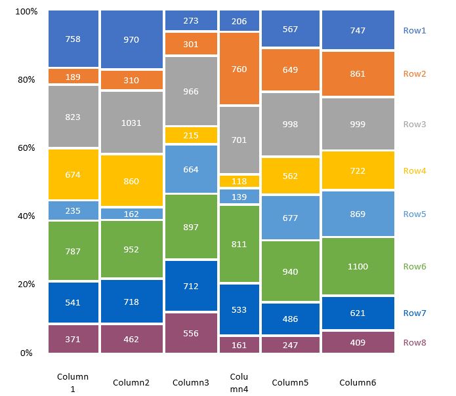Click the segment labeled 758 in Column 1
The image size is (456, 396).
[73, 39]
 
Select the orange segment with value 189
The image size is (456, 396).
[73, 77]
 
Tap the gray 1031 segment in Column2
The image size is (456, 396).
[132, 122]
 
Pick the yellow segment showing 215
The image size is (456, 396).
[191, 135]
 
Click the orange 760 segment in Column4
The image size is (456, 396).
[239, 69]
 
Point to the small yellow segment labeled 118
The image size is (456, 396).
[239, 181]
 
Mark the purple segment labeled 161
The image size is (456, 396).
[239, 345]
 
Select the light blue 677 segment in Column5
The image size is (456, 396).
[290, 217]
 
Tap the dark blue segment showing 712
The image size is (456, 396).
[191, 286]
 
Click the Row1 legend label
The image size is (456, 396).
[415, 30]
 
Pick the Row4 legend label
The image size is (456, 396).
[415, 171]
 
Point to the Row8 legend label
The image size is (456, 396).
[415, 342]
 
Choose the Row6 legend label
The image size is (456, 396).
[415, 267]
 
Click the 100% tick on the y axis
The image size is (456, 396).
[26, 12]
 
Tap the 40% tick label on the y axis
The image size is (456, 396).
[26, 216]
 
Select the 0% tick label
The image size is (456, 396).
[26, 353]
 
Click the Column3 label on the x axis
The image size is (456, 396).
[191, 382]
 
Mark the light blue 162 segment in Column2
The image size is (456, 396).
[132, 214]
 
